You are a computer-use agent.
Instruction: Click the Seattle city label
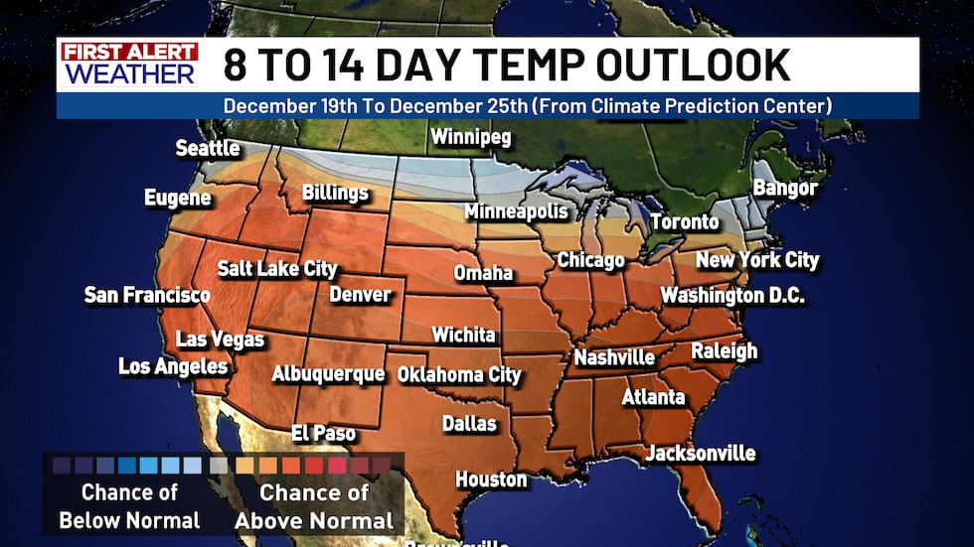pyautogui.click(x=208, y=149)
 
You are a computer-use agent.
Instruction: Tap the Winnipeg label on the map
pyautogui.click(x=470, y=137)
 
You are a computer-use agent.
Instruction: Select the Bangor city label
pyautogui.click(x=785, y=188)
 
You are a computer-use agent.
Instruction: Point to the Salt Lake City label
pyautogui.click(x=277, y=269)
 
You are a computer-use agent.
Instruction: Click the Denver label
pyautogui.click(x=361, y=294)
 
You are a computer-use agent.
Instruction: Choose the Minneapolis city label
pyautogui.click(x=517, y=211)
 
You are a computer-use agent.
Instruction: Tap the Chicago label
pyautogui.click(x=590, y=260)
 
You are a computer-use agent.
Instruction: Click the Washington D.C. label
pyautogui.click(x=732, y=296)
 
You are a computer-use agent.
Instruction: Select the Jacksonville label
pyautogui.click(x=701, y=454)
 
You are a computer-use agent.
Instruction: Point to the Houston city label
pyautogui.click(x=491, y=479)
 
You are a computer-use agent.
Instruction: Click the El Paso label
pyautogui.click(x=323, y=433)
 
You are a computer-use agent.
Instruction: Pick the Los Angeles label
pyautogui.click(x=173, y=366)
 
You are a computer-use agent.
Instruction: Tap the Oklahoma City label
pyautogui.click(x=459, y=375)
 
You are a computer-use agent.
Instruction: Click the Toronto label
pyautogui.click(x=685, y=222)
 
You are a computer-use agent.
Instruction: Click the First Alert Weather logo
pyautogui.click(x=129, y=64)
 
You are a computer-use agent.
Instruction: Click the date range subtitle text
pyautogui.click(x=527, y=105)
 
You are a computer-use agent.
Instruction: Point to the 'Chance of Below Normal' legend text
pyautogui.click(x=129, y=506)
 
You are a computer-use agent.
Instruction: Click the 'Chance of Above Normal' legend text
pyautogui.click(x=314, y=506)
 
